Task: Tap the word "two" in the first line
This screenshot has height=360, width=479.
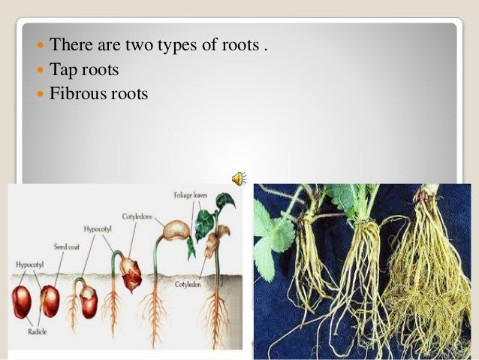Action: tap(134, 47)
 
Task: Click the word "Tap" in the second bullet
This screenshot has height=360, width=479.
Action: tap(62, 71)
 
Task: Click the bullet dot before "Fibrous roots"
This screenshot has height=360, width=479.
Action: tap(40, 95)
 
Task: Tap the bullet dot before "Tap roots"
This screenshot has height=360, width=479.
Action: tap(40, 71)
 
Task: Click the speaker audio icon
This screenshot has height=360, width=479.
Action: tap(238, 177)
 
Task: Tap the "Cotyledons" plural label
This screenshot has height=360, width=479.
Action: tap(137, 216)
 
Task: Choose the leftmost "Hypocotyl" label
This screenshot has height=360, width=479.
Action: tap(29, 265)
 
